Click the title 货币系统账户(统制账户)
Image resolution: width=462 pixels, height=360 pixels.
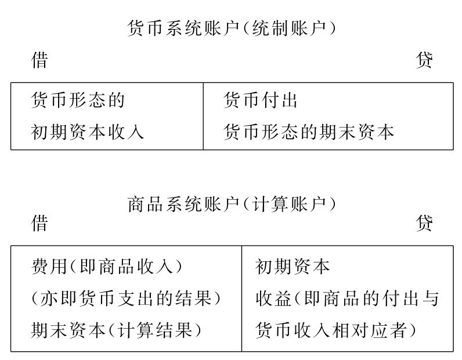(231, 28)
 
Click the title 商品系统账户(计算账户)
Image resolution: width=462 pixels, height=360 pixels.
(231, 204)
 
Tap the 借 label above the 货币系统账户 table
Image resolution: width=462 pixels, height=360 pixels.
(39, 60)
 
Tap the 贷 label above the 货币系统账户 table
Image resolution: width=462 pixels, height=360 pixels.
(424, 60)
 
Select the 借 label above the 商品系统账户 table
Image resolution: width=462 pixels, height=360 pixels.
(39, 224)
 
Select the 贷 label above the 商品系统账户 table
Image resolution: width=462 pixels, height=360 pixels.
(424, 224)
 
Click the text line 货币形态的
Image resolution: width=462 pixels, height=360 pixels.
(78, 100)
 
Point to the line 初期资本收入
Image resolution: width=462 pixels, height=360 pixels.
(87, 132)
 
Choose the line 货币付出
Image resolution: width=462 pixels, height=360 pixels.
(260, 100)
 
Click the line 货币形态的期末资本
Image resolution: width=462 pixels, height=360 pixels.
(309, 132)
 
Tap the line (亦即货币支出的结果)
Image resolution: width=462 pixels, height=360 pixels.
(127, 298)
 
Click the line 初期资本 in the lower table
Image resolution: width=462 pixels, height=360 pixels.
(293, 267)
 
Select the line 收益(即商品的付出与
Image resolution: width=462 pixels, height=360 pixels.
(347, 298)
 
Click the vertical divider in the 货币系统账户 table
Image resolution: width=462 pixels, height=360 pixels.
(203, 116)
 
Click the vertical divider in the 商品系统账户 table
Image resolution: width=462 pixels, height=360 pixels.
(241, 298)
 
